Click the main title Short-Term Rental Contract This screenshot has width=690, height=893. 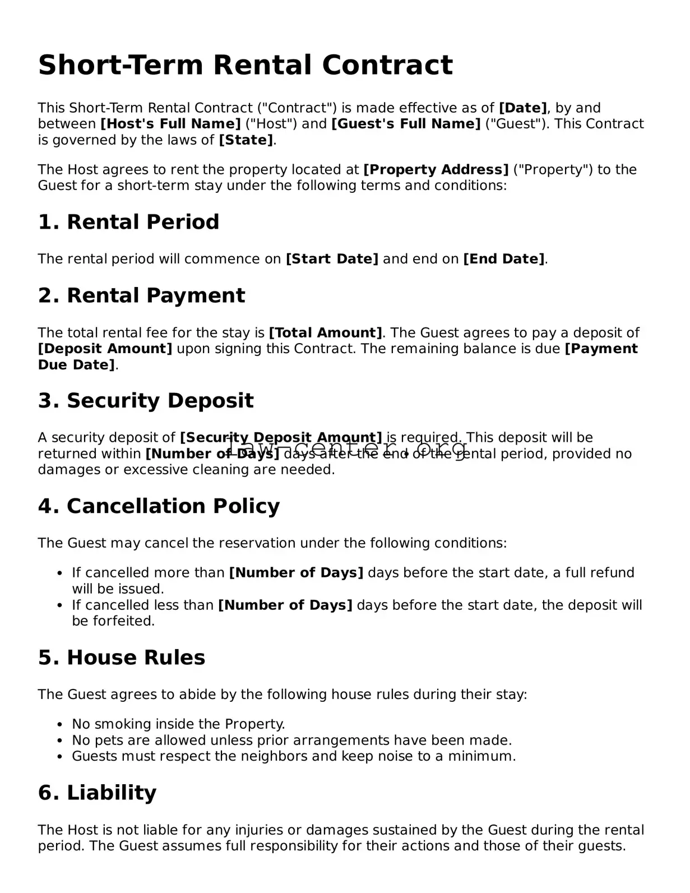[x=245, y=65]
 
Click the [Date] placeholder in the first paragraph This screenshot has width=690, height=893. [x=522, y=108]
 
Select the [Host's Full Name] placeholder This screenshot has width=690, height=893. [x=170, y=124]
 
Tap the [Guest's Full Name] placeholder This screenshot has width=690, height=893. [x=406, y=124]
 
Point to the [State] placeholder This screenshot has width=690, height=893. [x=246, y=140]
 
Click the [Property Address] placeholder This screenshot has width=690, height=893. [x=436, y=170]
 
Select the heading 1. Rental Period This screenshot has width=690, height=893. [x=128, y=222]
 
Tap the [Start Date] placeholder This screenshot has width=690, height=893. [x=332, y=259]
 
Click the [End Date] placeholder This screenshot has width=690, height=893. [x=503, y=259]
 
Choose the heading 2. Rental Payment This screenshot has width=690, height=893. [x=141, y=295]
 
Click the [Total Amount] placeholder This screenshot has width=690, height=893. [x=326, y=333]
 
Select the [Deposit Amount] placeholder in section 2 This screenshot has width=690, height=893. [x=105, y=349]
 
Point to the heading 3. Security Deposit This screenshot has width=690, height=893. [x=146, y=401]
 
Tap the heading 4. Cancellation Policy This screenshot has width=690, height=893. [x=159, y=506]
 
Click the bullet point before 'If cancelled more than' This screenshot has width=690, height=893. [x=59, y=573]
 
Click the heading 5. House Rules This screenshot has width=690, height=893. [x=122, y=658]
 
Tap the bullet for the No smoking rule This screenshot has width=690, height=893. [x=59, y=725]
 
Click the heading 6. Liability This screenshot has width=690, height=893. [x=97, y=793]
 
